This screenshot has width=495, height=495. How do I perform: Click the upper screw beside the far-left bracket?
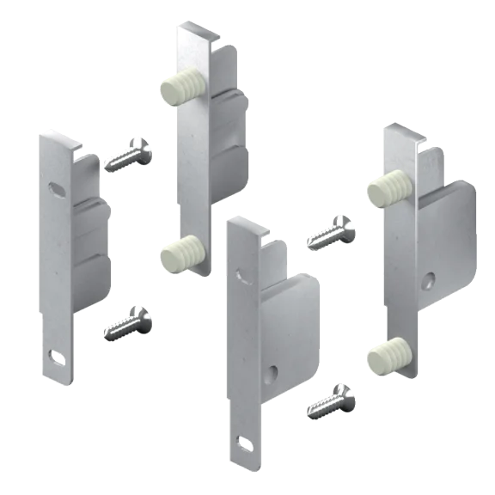pyautogui.click(x=131, y=155)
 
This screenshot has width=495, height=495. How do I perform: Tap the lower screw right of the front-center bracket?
pyautogui.click(x=329, y=400)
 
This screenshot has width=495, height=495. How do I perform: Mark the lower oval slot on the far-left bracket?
pyautogui.click(x=57, y=353)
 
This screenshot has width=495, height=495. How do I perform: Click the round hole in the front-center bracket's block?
pyautogui.click(x=272, y=371)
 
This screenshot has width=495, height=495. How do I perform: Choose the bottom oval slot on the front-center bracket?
pyautogui.click(x=244, y=443)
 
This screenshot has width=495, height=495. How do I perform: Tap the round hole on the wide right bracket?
pyautogui.click(x=430, y=280)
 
